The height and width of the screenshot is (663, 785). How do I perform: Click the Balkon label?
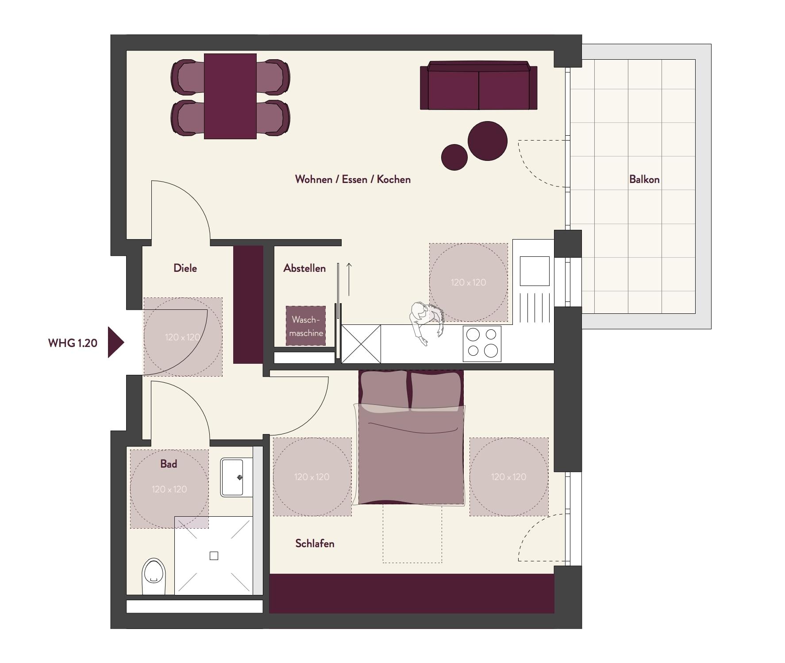coord(644,179)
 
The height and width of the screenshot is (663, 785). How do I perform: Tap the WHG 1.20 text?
coord(73,343)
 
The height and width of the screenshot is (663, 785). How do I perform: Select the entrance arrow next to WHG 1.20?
coord(116,342)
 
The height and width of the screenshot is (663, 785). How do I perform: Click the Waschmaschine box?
coord(306,326)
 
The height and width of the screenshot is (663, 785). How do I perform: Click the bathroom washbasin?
coord(232,477)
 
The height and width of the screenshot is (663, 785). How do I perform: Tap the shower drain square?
coord(214,556)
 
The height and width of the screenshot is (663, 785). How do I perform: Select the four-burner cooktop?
coord(482,343)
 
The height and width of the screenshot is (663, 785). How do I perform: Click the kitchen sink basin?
coord(535,271)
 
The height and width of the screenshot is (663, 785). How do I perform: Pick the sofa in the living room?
coord(478,85)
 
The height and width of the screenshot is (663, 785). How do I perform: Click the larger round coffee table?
coord(487,141)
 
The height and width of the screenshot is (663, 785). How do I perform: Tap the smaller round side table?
coord(454,157)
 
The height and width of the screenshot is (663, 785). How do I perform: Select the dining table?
coord(230,96)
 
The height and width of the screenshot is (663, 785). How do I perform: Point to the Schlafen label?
coord(315,543)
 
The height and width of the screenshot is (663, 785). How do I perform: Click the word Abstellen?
coord(304,268)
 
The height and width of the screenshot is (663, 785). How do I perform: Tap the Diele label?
coord(185,268)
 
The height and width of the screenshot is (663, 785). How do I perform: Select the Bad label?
coord(169,464)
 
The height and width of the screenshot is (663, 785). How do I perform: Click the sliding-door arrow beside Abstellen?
coord(349,279)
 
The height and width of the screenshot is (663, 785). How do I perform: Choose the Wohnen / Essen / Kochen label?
coord(353,179)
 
